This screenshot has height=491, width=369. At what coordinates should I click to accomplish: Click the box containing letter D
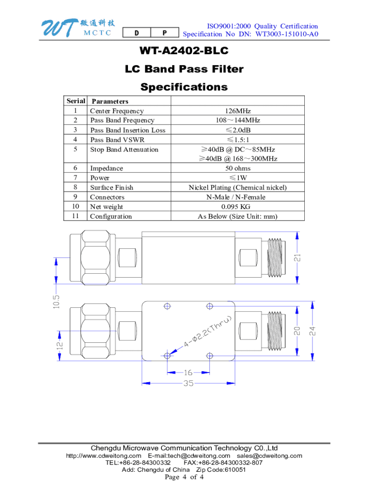tap(137, 33)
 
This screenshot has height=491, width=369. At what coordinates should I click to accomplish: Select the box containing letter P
tap(164, 33)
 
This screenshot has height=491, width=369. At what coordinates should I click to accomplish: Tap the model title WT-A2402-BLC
tap(184, 51)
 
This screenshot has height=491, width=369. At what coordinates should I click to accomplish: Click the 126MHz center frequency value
tap(238, 111)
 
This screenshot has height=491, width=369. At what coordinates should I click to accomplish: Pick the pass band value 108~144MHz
tap(238, 120)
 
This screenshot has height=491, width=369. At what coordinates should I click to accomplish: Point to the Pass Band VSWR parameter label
tap(117, 140)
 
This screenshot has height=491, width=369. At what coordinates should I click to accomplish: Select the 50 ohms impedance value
tap(238, 168)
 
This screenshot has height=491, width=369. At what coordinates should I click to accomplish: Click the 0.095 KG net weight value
tap(238, 207)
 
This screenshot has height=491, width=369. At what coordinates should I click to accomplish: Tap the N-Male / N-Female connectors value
tap(238, 197)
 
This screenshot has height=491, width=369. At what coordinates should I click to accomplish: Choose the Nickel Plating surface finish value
tap(238, 187)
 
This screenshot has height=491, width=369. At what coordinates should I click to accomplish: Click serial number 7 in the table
tap(75, 178)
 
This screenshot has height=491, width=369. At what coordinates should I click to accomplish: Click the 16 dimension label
tap(188, 372)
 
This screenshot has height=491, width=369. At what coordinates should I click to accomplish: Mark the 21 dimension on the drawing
tap(298, 258)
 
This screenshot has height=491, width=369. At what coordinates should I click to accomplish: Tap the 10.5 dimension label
tap(57, 302)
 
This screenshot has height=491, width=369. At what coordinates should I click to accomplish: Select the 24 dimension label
tap(312, 331)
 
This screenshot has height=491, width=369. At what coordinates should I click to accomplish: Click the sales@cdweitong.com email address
tap(269, 456)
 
